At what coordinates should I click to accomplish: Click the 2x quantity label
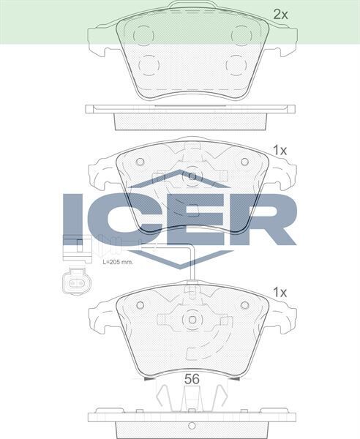click(x=280, y=13)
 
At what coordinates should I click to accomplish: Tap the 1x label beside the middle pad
click(x=280, y=150)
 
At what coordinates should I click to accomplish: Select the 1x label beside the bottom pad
click(x=280, y=292)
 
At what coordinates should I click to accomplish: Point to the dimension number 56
click(x=192, y=378)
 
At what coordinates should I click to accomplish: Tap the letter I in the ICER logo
click(x=75, y=219)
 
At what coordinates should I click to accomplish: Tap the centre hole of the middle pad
click(x=192, y=176)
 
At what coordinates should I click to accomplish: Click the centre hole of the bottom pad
click(x=192, y=320)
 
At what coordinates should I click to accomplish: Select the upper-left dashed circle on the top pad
click(x=143, y=35)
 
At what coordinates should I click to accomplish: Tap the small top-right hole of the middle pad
click(x=244, y=162)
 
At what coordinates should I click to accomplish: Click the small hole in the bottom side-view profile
click(x=191, y=424)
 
